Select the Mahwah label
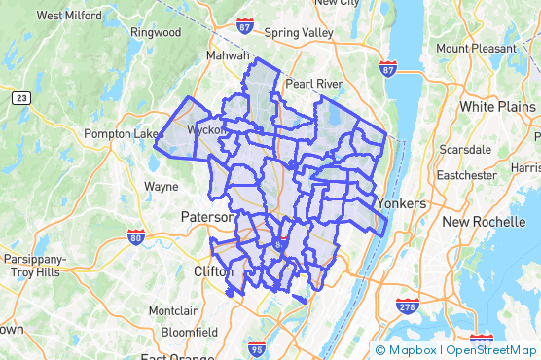[228, 55]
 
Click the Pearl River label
[312, 84]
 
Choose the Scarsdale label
[465, 150]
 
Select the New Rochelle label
[483, 222]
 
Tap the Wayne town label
[161, 185]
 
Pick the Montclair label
[171, 311]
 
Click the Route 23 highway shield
[20, 98]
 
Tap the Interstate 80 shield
[135, 236]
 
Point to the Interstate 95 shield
[257, 347]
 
